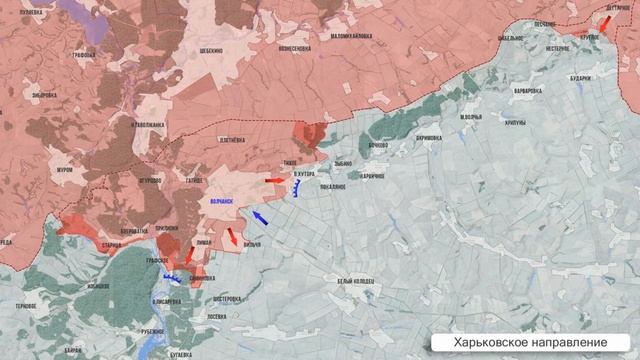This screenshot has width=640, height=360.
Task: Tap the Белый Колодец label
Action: point(357,281)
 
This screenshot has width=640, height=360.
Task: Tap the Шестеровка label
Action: point(227,298)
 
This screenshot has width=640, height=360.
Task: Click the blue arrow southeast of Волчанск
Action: point(259,217)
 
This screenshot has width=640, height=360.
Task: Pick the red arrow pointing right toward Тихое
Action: point(273,180)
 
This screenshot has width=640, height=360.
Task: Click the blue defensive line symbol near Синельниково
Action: point(172,279)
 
